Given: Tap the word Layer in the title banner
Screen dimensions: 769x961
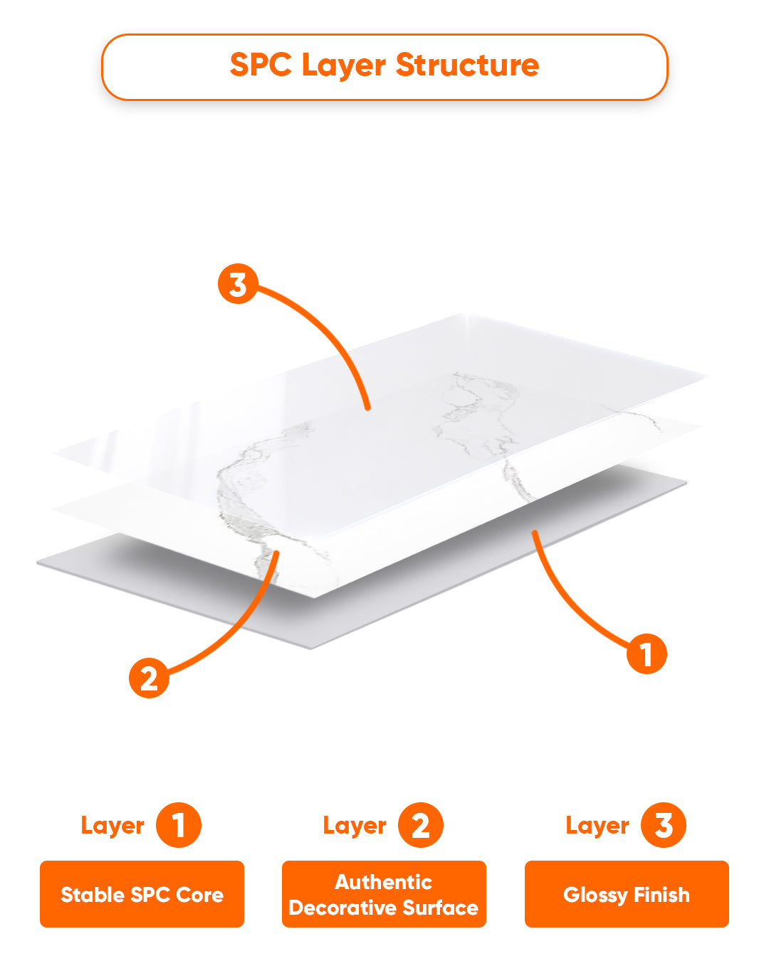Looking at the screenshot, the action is point(344,66).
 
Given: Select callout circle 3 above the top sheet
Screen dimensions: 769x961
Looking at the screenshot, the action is point(238,284).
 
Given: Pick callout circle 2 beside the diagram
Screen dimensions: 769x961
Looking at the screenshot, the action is point(149,678).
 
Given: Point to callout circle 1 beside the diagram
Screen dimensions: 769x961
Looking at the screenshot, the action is point(646,653).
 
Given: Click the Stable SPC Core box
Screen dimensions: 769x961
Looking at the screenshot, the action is point(142,894).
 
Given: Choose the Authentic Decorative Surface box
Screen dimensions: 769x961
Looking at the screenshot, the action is point(384,894).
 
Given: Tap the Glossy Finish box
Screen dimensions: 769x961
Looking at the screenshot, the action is point(627,894).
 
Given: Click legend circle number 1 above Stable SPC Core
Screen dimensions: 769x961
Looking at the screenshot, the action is point(178,825).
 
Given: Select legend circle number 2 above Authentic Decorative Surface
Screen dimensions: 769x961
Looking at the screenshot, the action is point(421,825).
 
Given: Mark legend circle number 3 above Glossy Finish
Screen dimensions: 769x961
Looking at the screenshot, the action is point(663,825).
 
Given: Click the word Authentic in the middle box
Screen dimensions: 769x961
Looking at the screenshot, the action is point(383,882).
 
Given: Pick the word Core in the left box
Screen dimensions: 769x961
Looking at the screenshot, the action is point(199,895).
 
